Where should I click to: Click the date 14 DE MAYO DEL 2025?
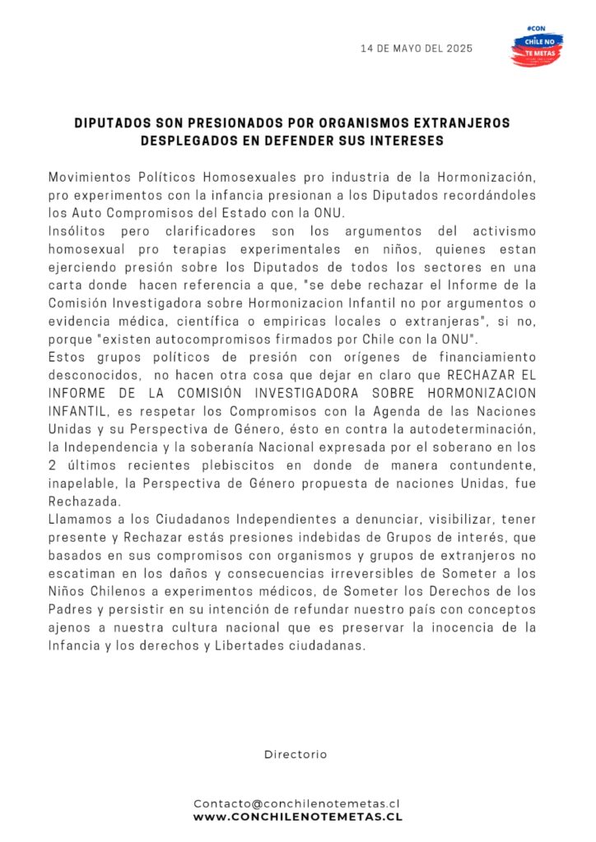pos(417,49)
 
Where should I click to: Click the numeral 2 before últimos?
pos(53,465)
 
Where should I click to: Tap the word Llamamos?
pos(78,520)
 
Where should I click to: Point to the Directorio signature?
pos(296,754)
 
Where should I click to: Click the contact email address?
pos(297,803)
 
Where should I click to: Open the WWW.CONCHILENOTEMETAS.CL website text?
pos(297,817)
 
